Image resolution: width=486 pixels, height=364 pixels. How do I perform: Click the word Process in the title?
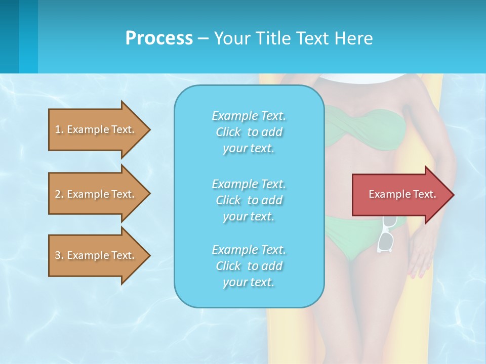159,38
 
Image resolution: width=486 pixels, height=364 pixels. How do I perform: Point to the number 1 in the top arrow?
58,129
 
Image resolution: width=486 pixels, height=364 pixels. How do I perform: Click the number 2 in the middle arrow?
58,194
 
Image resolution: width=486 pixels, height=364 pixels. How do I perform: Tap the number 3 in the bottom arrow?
58,255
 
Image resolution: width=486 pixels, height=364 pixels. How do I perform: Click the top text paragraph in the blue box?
249,132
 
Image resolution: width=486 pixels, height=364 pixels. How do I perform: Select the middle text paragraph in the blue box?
249,200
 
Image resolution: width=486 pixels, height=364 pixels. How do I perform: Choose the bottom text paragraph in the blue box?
249,266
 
